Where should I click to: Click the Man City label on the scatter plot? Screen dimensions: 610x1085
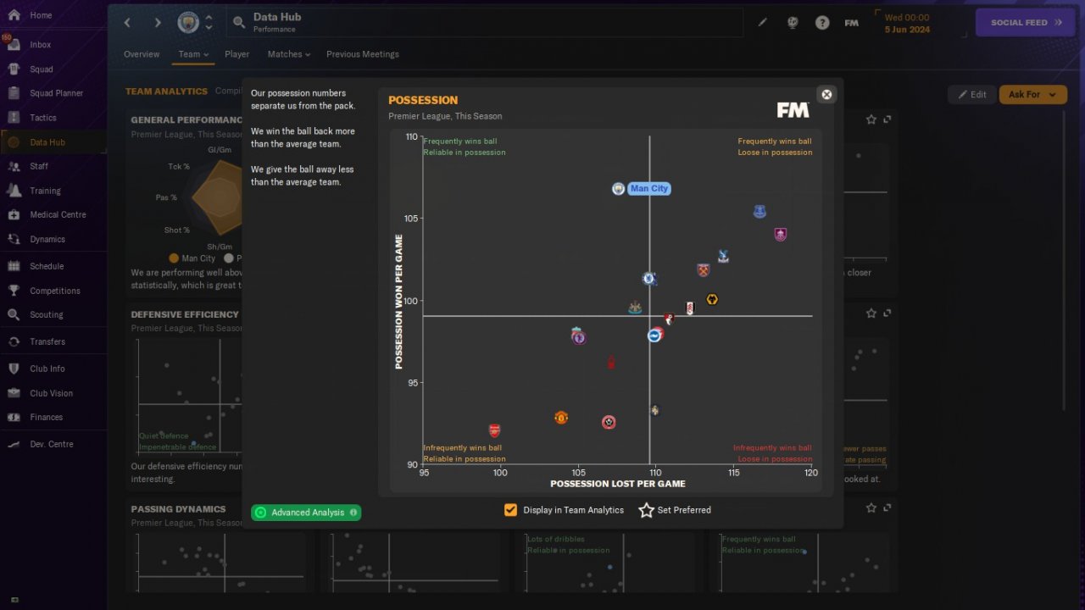click(649, 189)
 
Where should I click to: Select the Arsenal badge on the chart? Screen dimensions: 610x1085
click(494, 430)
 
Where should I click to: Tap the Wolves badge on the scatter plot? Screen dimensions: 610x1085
click(712, 299)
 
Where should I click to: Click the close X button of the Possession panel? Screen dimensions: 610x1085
click(826, 94)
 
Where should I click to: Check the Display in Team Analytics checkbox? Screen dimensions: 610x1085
click(510, 510)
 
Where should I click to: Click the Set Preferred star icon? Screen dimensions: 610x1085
click(647, 510)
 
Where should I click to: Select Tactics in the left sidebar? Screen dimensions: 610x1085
click(43, 118)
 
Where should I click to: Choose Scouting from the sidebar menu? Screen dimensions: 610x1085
click(47, 314)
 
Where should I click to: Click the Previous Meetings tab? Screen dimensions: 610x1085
click(362, 54)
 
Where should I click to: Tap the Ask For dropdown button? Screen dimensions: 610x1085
click(1032, 94)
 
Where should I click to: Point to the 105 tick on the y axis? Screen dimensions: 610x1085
click(411, 219)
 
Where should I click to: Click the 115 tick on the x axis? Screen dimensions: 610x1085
click(733, 472)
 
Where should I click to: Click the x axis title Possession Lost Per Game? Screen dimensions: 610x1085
click(618, 484)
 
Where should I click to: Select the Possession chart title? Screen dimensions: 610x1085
click(423, 100)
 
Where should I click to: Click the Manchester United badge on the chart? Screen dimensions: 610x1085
click(560, 418)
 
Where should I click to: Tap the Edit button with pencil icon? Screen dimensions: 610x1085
click(971, 94)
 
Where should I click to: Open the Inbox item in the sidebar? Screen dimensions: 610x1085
click(40, 45)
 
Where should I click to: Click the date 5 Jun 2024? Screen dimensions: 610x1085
click(907, 30)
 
